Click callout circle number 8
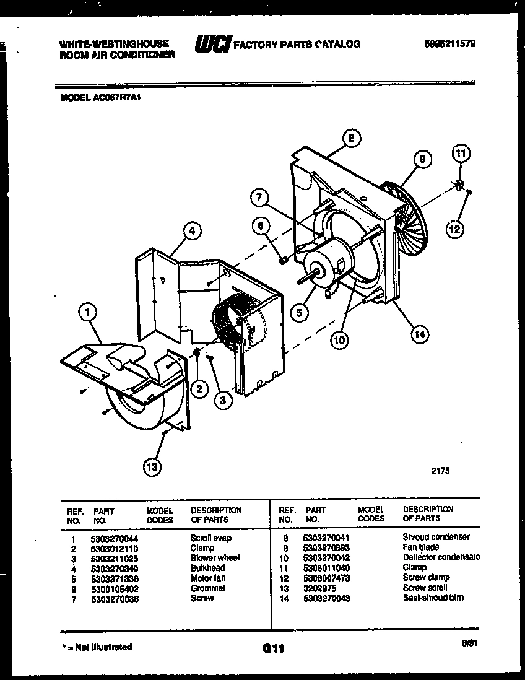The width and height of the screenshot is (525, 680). (x=351, y=139)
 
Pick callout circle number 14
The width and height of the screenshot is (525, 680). (x=420, y=334)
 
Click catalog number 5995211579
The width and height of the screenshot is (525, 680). (x=450, y=44)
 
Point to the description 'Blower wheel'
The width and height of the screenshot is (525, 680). (x=215, y=558)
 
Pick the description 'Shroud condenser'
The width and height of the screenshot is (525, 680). (x=436, y=537)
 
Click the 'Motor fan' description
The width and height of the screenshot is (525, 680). (x=208, y=578)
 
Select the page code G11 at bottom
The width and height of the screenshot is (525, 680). (x=272, y=649)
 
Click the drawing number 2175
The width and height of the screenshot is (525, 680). (x=440, y=471)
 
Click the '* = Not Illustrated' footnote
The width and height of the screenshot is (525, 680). (x=97, y=647)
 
